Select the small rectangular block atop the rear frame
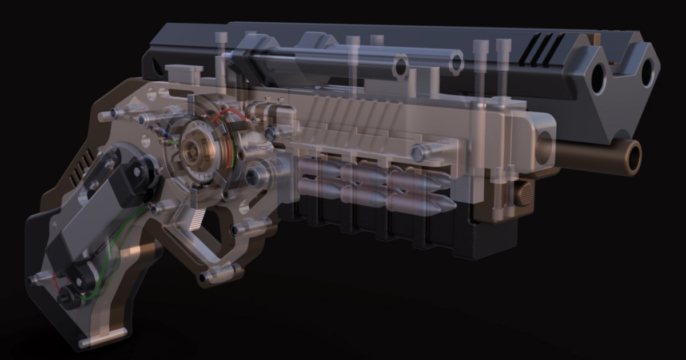click(183, 72)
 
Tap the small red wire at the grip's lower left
click(55, 280)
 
